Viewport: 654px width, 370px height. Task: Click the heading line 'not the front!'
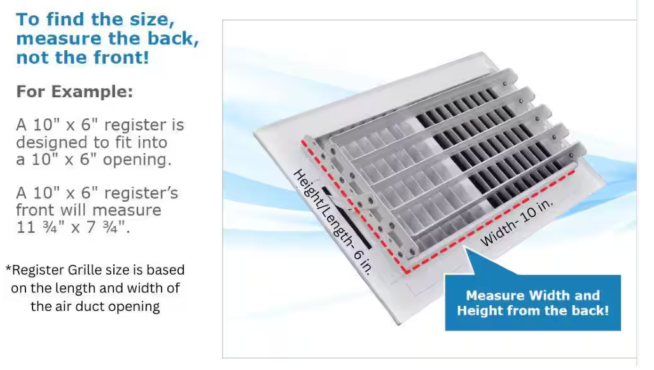[83, 57]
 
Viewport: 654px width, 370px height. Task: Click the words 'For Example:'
[74, 92]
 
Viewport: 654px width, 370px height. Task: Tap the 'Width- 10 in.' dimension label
[517, 222]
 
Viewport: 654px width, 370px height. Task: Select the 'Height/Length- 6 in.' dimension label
[333, 222]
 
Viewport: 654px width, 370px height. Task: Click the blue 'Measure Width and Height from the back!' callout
[532, 303]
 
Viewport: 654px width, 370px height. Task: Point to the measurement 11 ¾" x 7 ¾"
[73, 228]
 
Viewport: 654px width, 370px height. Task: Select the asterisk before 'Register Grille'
[8, 268]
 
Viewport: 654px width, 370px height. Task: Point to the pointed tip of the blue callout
[466, 249]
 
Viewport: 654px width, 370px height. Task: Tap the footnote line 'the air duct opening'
[95, 306]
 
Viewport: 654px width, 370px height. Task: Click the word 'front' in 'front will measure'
[35, 210]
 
